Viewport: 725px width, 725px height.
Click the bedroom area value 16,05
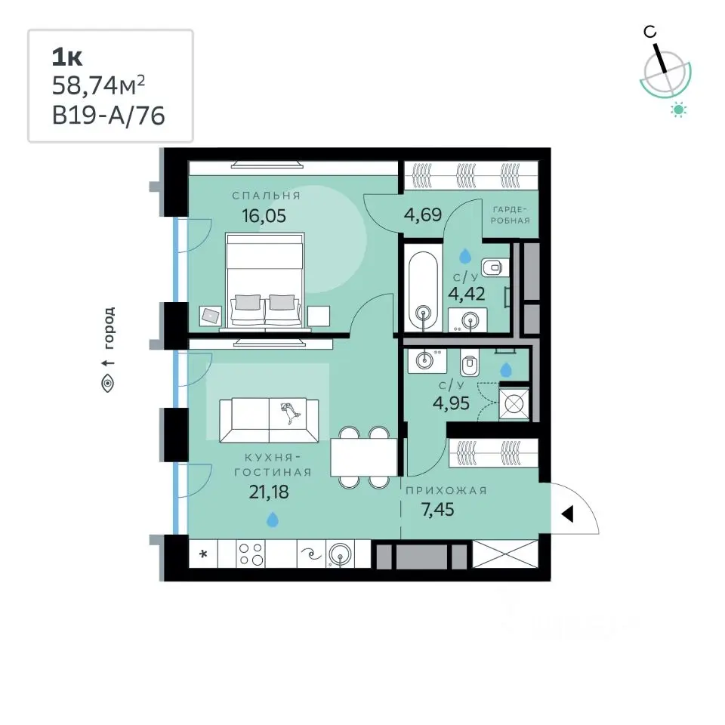[x=264, y=215]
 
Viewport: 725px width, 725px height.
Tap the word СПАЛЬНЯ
[x=267, y=196]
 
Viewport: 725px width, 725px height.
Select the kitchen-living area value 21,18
[x=269, y=492]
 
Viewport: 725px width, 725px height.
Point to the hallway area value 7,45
[x=437, y=509]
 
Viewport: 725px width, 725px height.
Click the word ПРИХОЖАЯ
[x=446, y=490]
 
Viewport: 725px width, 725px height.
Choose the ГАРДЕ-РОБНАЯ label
[x=510, y=215]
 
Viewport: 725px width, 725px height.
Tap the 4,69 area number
[x=423, y=214]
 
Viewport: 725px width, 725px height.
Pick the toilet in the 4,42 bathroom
[x=494, y=267]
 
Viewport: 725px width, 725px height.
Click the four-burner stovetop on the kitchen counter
[x=251, y=554]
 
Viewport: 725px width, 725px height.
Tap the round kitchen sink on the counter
[x=340, y=554]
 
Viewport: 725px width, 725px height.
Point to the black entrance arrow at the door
[x=567, y=514]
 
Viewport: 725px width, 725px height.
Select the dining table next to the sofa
[x=364, y=457]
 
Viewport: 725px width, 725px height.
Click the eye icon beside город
[x=108, y=384]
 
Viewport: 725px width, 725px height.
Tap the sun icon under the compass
[x=679, y=110]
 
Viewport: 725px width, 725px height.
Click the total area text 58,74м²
[x=98, y=85]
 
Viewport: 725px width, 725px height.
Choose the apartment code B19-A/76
[x=108, y=115]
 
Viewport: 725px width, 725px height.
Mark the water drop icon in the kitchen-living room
[x=273, y=520]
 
